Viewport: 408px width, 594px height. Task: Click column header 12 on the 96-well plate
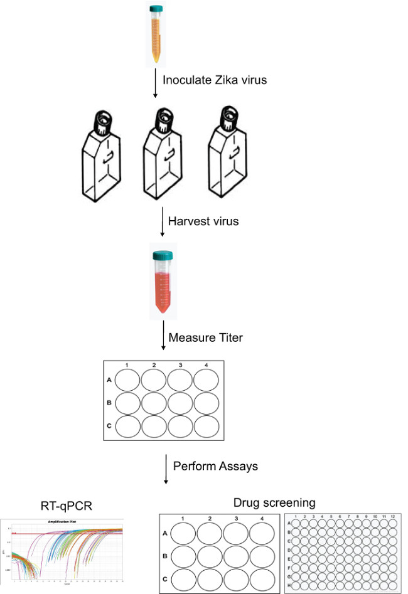[392, 516]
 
